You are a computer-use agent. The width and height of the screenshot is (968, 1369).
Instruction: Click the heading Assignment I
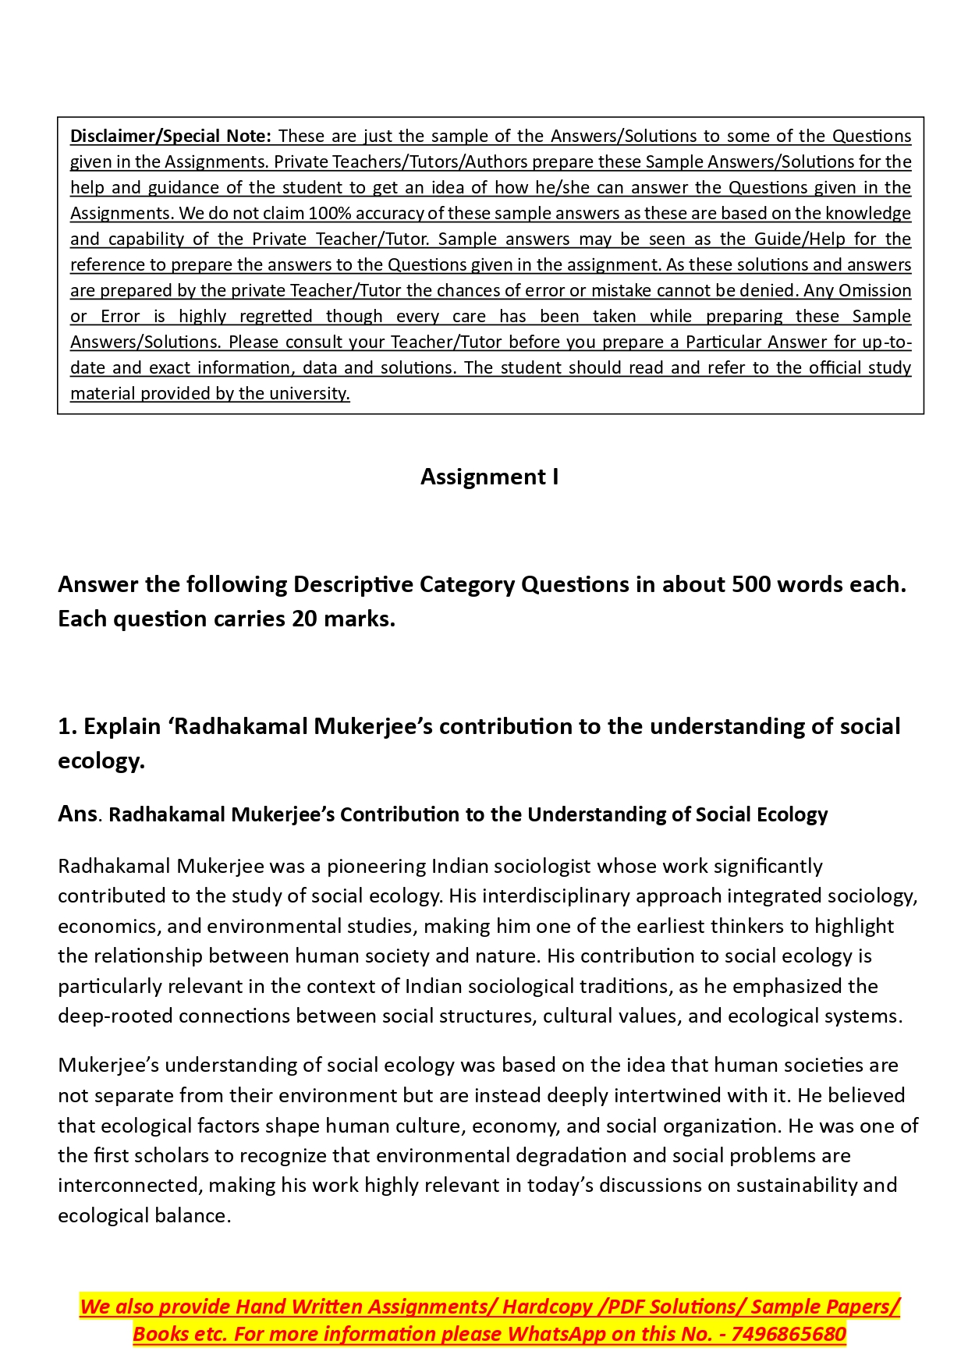coord(489,477)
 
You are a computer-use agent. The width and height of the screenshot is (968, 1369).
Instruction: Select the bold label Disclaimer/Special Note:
coord(171,136)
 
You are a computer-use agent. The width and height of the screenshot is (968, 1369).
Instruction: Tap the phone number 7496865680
coord(789,1334)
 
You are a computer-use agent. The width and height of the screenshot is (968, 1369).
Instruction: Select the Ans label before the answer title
coord(77,814)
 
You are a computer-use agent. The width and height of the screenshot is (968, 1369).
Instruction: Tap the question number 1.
coord(66,726)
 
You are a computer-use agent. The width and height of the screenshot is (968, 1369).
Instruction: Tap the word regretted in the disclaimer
coord(275,316)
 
